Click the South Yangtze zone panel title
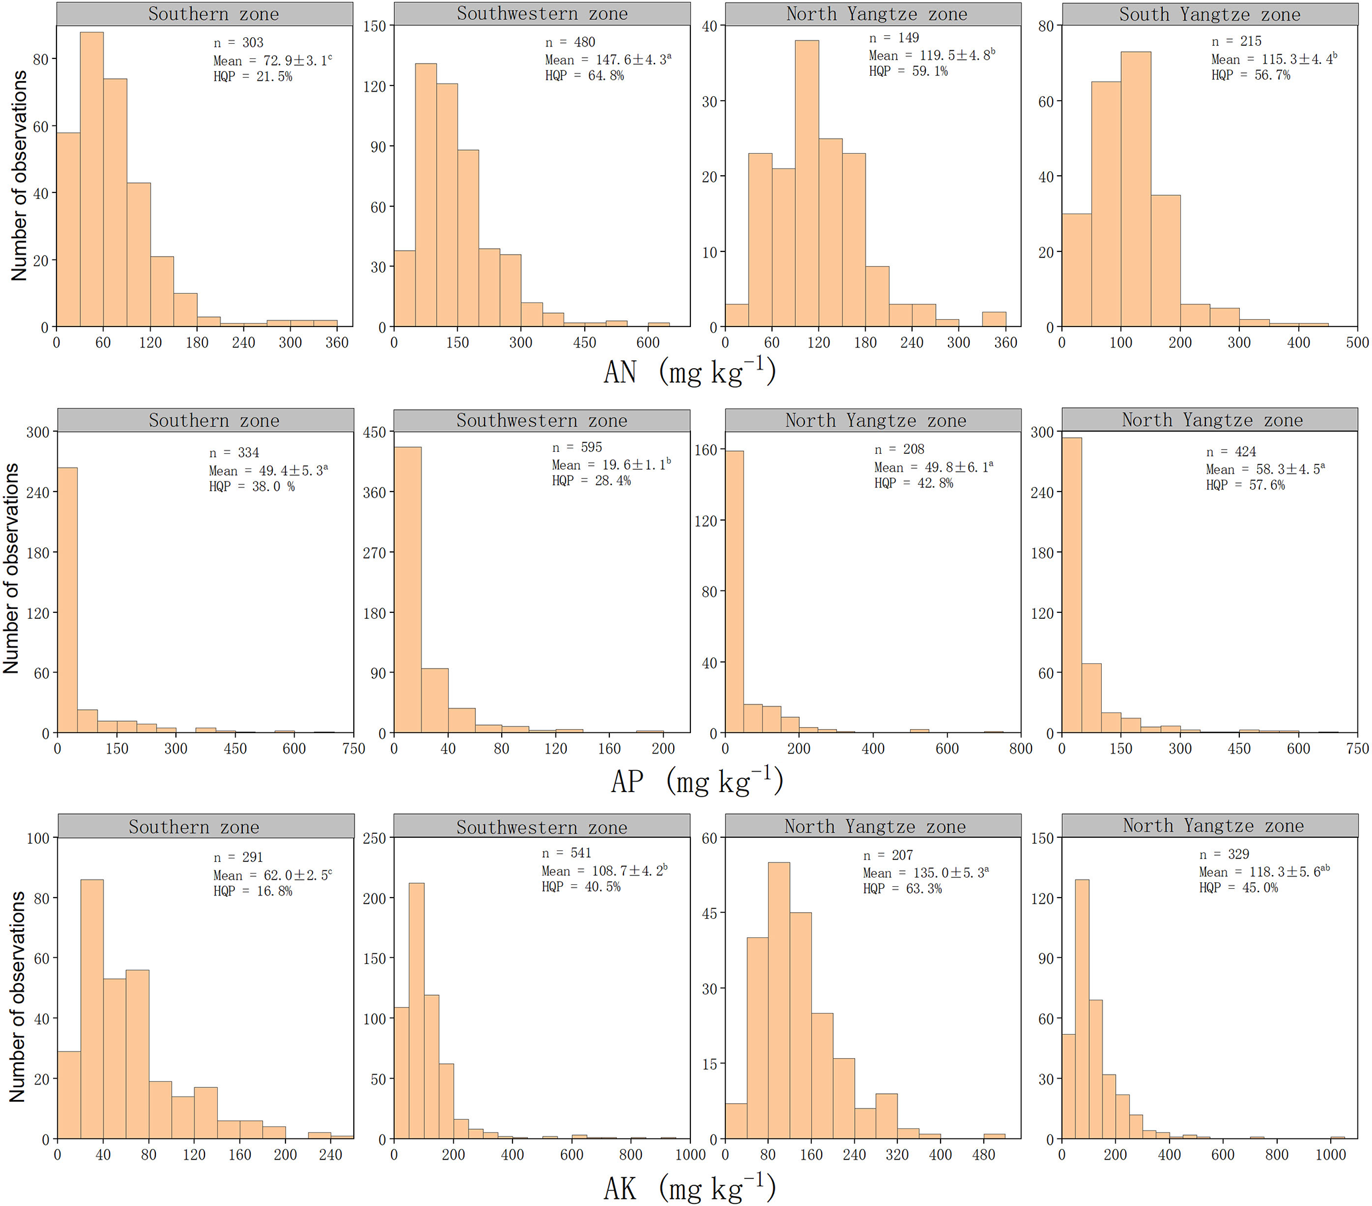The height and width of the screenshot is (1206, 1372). coord(1209,14)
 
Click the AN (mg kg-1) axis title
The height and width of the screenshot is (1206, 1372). coord(690,371)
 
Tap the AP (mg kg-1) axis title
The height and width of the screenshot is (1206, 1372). coord(697,781)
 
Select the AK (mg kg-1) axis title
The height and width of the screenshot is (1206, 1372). coord(690,1188)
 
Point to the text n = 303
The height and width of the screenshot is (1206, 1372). coord(238,42)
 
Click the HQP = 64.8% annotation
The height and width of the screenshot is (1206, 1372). coord(584,76)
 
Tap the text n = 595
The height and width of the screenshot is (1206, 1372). coord(577,447)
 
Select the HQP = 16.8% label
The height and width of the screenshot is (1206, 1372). coord(253,891)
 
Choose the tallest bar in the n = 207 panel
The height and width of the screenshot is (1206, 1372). coord(779,1000)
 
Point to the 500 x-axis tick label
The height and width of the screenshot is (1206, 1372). coord(1357,343)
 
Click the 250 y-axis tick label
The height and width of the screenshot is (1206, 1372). coord(374,838)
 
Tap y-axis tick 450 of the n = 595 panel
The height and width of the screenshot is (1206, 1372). coord(374,433)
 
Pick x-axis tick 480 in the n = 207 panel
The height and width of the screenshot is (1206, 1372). coord(984,1154)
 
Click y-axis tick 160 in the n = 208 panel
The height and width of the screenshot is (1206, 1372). coord(706,449)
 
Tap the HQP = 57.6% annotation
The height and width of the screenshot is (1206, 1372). coord(1245,485)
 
